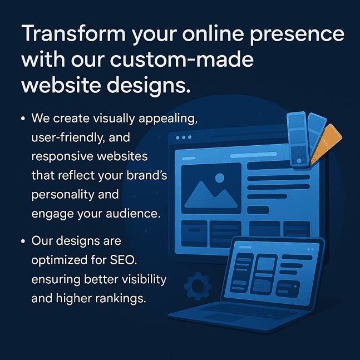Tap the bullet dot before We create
22,119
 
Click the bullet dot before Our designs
22,243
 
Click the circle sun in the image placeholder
219,179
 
